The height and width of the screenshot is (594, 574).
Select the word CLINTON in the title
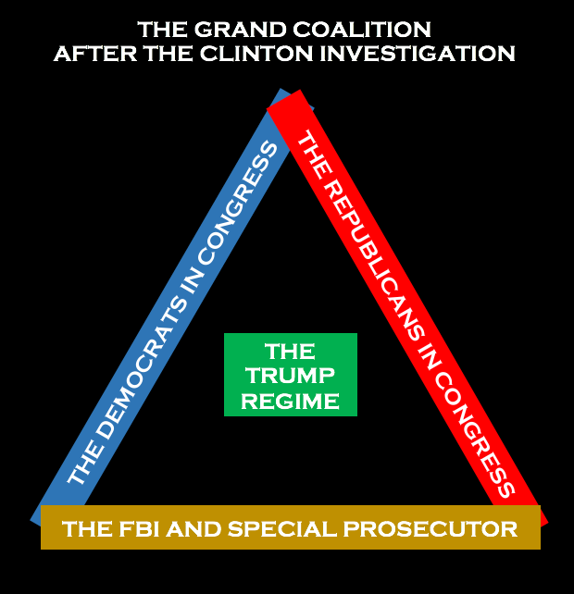pyautogui.click(x=256, y=53)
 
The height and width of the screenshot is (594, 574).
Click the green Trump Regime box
pyautogui.click(x=291, y=375)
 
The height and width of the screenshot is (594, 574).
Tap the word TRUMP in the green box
pyautogui.click(x=290, y=377)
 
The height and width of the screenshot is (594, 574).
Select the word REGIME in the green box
pyautogui.click(x=290, y=401)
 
